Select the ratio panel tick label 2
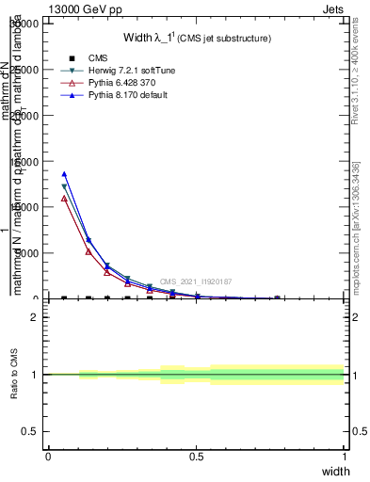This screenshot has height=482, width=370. coord(34,317)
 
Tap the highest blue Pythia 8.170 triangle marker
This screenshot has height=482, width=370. coord(64,174)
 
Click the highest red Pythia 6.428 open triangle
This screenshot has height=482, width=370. coord(64,199)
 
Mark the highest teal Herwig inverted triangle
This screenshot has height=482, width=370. coord(64,187)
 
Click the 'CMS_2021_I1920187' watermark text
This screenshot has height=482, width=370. coord(195,281)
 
